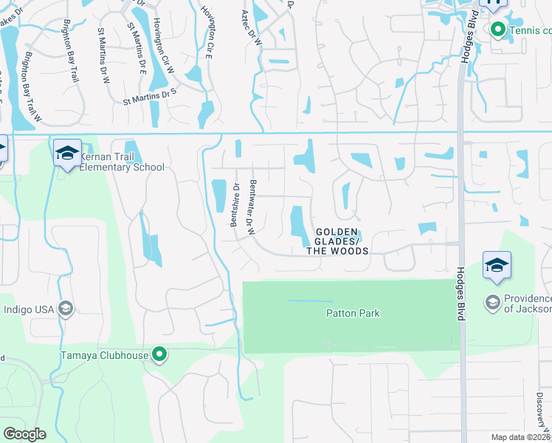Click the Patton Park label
coord(353,313)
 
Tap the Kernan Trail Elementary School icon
coord(66,153)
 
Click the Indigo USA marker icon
coord(65,308)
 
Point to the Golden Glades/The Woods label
coord(337,241)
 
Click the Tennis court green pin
coord(497,30)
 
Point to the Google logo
coord(24,434)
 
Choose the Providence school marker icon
coord(492,302)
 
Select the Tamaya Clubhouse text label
coord(105,356)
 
